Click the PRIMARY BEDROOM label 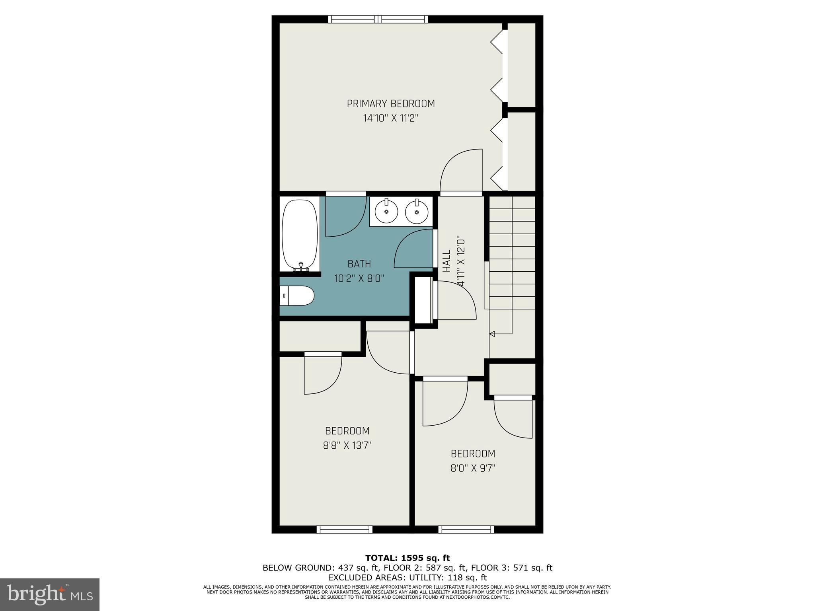pos(390,104)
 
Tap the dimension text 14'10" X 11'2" pos(390,118)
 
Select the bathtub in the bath pos(300,235)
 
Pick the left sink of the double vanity pos(386,212)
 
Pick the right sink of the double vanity pos(416,212)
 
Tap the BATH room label pos(359,264)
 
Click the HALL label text pos(446,261)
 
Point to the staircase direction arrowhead pos(492,334)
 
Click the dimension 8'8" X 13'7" pos(347,445)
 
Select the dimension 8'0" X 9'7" pos(472,468)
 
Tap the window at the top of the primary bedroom pos(378,19)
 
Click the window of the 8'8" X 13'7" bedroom pos(345,529)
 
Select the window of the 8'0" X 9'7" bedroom pos(466,529)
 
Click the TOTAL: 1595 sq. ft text pos(407,558)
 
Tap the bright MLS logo pos(50,595)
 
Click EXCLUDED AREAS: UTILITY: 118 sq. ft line pos(407,577)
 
